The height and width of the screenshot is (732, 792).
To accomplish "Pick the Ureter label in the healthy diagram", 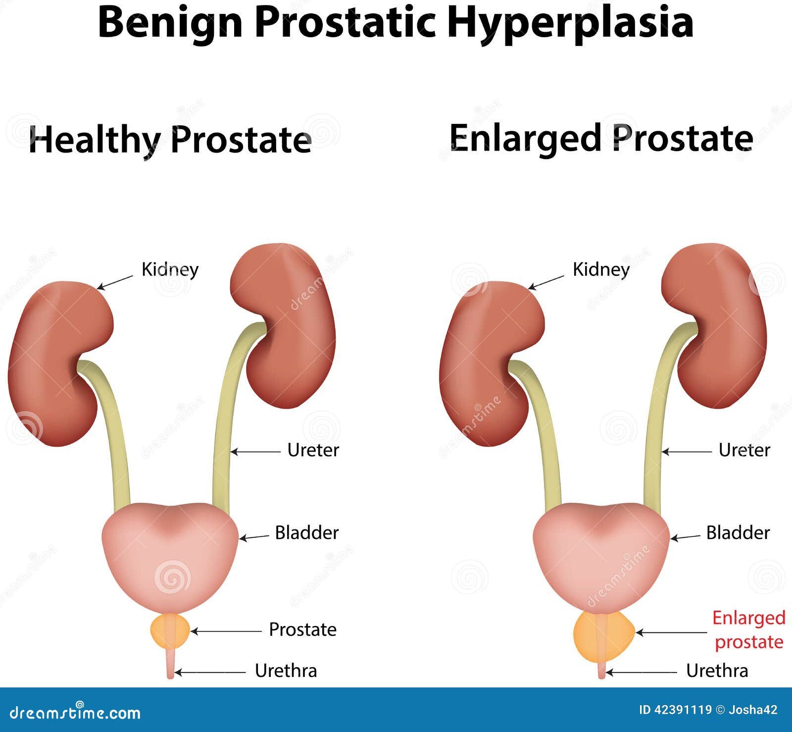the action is [313, 450].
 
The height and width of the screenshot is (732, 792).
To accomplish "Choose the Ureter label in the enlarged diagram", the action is [744, 450].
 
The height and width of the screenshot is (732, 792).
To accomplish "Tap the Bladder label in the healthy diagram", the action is [307, 533].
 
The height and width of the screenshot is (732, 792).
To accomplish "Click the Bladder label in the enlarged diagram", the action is [738, 533].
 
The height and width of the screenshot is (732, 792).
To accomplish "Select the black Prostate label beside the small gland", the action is [302, 629].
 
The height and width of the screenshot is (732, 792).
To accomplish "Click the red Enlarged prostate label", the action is [749, 630].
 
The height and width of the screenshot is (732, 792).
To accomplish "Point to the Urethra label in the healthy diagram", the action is [286, 671].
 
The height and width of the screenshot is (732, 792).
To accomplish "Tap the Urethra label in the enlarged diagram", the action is [717, 671].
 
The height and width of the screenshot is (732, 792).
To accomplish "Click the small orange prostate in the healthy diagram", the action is [170, 630].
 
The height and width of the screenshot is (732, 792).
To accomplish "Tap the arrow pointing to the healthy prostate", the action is [226, 631].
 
